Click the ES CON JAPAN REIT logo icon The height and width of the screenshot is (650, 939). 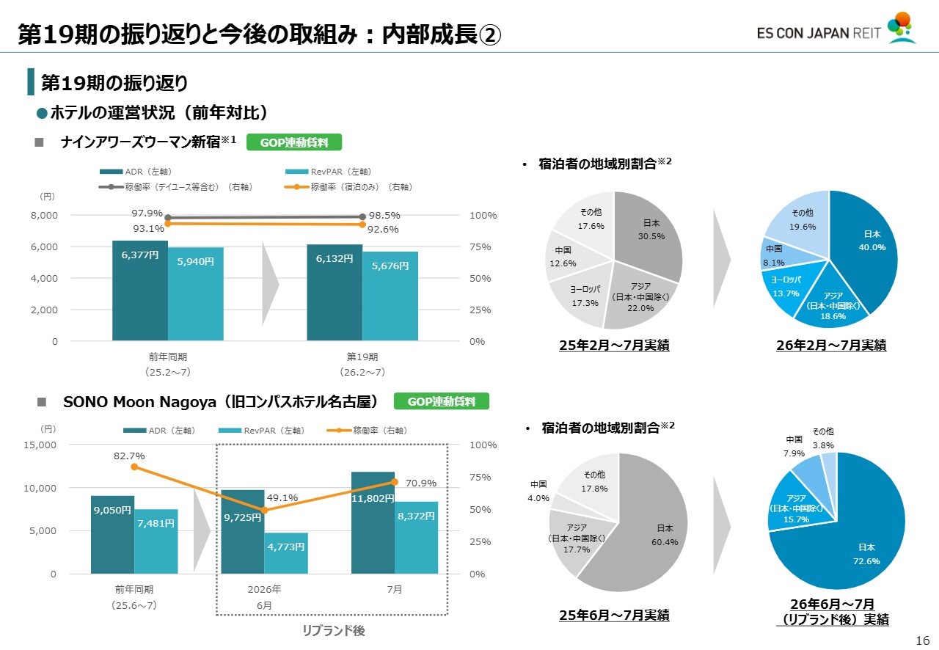click(x=902, y=28)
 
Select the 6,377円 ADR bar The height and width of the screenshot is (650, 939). click(x=140, y=291)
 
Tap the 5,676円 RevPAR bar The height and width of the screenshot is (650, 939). click(x=390, y=296)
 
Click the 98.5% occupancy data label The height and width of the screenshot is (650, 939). click(x=384, y=216)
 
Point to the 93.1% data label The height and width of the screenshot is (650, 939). click(x=148, y=229)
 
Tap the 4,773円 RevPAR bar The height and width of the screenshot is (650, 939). click(x=286, y=553)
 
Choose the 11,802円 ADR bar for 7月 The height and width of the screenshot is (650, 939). click(x=373, y=523)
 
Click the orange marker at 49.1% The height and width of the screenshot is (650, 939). click(x=265, y=511)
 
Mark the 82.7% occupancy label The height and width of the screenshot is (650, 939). click(x=129, y=456)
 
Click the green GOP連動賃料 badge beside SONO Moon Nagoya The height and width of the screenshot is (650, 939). click(x=442, y=401)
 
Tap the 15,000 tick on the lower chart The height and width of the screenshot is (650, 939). click(x=40, y=445)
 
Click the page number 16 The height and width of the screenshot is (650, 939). click(x=923, y=640)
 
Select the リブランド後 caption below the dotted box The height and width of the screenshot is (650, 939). click(x=334, y=630)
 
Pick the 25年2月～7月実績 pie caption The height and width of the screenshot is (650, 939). click(x=614, y=345)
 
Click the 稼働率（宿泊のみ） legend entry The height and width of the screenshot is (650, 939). click(x=348, y=187)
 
